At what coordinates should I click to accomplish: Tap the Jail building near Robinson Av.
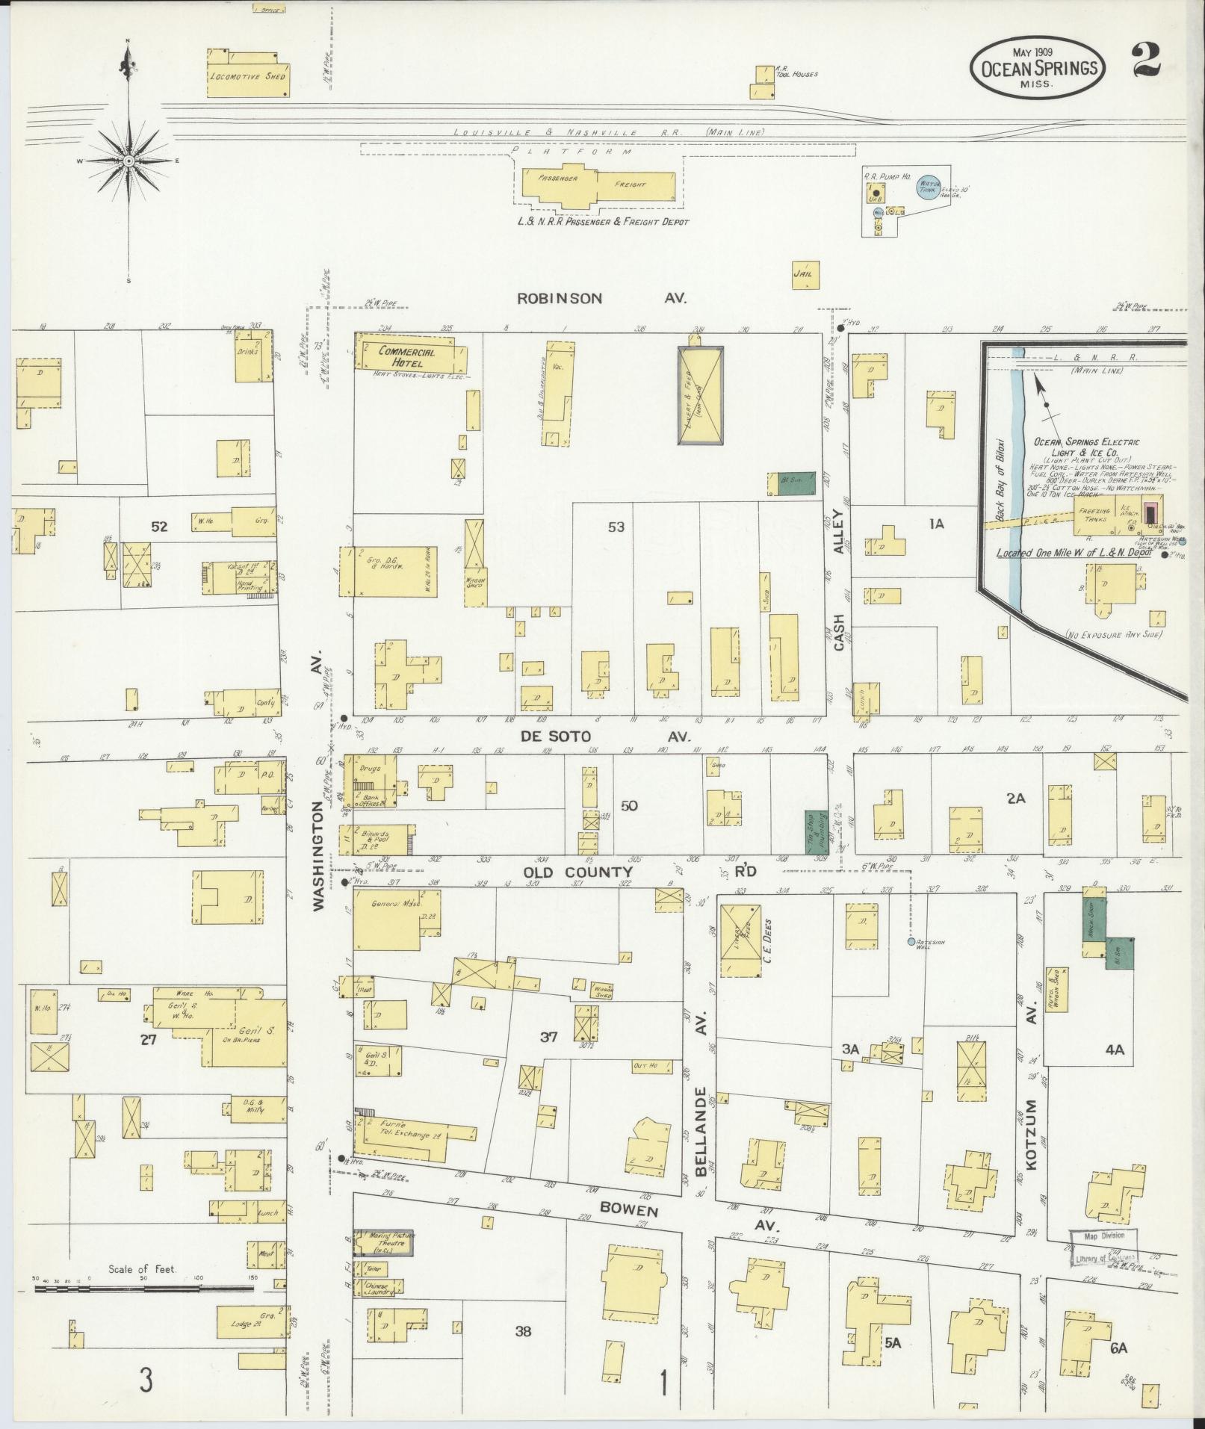tap(805, 273)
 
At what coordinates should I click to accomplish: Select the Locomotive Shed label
tap(247, 75)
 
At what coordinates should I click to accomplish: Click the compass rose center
tap(129, 161)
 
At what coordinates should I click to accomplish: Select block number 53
tap(616, 527)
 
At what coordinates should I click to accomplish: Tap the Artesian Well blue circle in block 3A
tap(910, 943)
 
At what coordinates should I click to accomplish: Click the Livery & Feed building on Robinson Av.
tap(701, 396)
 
